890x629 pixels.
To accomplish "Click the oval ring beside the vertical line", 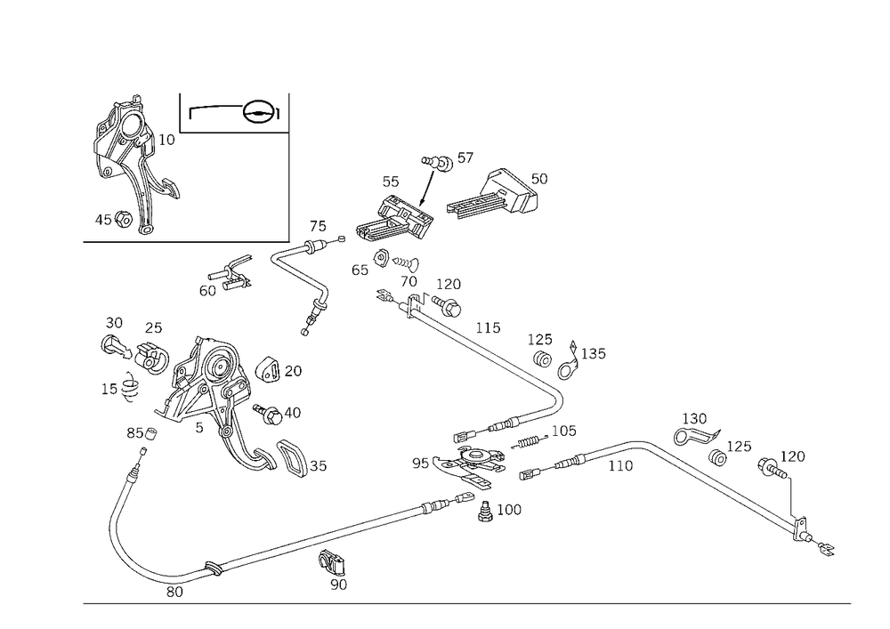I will (261, 111).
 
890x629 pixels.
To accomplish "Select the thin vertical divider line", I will (291, 165).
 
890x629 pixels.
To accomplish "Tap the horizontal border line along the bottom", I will (467, 602).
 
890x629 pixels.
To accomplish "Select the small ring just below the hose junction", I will (488, 510).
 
